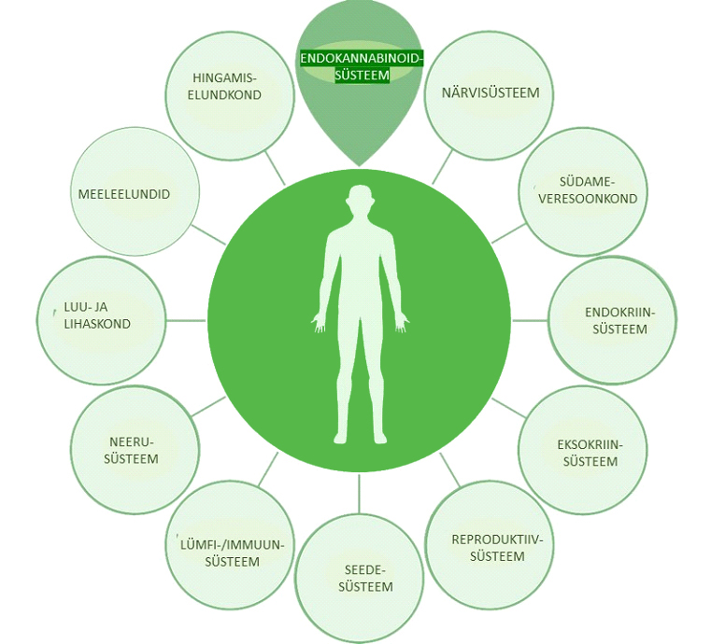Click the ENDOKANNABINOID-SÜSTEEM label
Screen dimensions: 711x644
click(x=362, y=66)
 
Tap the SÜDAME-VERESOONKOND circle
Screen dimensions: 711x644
click(x=584, y=191)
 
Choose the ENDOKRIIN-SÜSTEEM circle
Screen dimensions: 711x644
click(x=612, y=320)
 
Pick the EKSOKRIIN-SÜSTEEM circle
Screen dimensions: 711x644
click(x=583, y=449)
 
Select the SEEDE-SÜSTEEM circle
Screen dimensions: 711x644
click(x=360, y=579)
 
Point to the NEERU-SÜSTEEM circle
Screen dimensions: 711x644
click(x=135, y=450)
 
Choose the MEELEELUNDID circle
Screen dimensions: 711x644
click(x=135, y=191)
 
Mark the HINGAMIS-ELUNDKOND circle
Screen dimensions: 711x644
click(x=228, y=95)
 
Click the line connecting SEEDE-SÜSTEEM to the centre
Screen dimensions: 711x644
click(x=360, y=494)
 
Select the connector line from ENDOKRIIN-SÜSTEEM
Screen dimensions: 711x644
click(x=530, y=321)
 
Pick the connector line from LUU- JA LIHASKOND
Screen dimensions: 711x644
click(x=186, y=321)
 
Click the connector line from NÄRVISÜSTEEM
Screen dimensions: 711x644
click(x=443, y=167)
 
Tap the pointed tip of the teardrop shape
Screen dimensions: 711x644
click(x=360, y=166)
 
